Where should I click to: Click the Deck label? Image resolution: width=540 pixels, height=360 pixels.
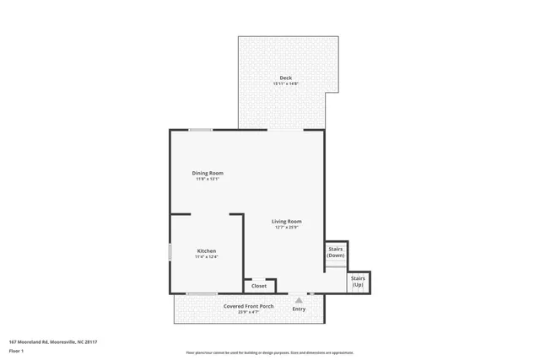286,78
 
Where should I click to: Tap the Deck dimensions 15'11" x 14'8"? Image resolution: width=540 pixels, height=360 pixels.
286,84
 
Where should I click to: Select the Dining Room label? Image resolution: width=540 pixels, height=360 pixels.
208,173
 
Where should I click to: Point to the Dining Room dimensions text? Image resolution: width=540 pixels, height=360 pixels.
208,179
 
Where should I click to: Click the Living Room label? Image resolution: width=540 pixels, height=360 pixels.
286,221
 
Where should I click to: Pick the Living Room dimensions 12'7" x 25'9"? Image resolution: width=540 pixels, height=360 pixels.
287,227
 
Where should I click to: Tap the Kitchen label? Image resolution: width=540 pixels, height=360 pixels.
207,250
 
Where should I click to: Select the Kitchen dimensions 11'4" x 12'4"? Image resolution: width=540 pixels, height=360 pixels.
207,256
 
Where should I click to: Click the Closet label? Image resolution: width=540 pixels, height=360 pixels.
259,286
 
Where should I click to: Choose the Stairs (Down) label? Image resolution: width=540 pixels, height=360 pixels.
336,251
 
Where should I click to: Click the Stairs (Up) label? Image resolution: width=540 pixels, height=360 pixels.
359,281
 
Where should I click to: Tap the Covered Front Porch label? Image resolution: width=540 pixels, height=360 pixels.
248,306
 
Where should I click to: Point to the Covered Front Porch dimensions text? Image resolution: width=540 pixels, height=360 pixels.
248,312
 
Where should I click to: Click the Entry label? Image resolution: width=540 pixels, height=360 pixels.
299,309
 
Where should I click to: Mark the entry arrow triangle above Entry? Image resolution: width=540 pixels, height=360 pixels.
299,299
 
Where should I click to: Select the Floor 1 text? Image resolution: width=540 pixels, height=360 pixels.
16,350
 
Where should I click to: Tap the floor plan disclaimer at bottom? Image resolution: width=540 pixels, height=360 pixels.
269,352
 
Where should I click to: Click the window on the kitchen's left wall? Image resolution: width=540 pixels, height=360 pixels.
170,251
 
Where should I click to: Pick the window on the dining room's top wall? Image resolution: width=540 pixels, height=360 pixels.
200,130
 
